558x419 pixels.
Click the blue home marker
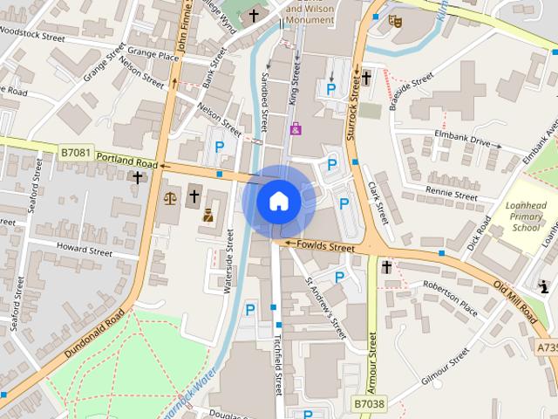click(278, 201)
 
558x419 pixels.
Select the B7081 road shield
click(75, 152)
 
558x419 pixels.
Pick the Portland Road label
click(127, 161)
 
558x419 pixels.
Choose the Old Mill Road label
click(518, 300)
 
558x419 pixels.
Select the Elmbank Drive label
click(462, 138)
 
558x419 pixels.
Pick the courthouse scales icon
click(169, 197)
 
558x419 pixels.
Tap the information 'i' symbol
click(545, 285)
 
